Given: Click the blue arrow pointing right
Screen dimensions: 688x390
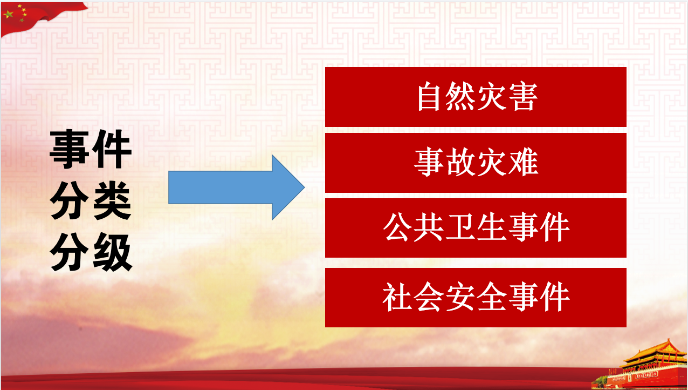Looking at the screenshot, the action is [237, 187].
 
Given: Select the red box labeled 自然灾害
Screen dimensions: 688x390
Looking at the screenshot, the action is [476, 97].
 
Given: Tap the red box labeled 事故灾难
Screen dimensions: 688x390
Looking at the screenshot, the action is [476, 163].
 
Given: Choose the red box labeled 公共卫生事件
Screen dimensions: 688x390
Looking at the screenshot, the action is [476, 228].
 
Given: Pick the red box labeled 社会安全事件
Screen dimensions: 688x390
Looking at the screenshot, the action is [476, 298].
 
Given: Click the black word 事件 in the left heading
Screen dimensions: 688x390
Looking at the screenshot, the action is [91, 149].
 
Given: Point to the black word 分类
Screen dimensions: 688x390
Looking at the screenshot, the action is [91, 200].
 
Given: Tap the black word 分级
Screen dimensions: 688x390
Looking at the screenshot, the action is [91, 252].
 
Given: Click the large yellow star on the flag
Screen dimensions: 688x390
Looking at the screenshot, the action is [8, 14].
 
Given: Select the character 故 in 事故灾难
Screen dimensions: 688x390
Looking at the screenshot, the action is [460, 162].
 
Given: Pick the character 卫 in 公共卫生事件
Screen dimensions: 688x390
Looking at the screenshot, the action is [460, 227].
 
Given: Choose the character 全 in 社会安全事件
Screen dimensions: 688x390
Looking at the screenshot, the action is [492, 297].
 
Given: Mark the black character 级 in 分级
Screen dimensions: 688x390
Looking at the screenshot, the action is [113, 252].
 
